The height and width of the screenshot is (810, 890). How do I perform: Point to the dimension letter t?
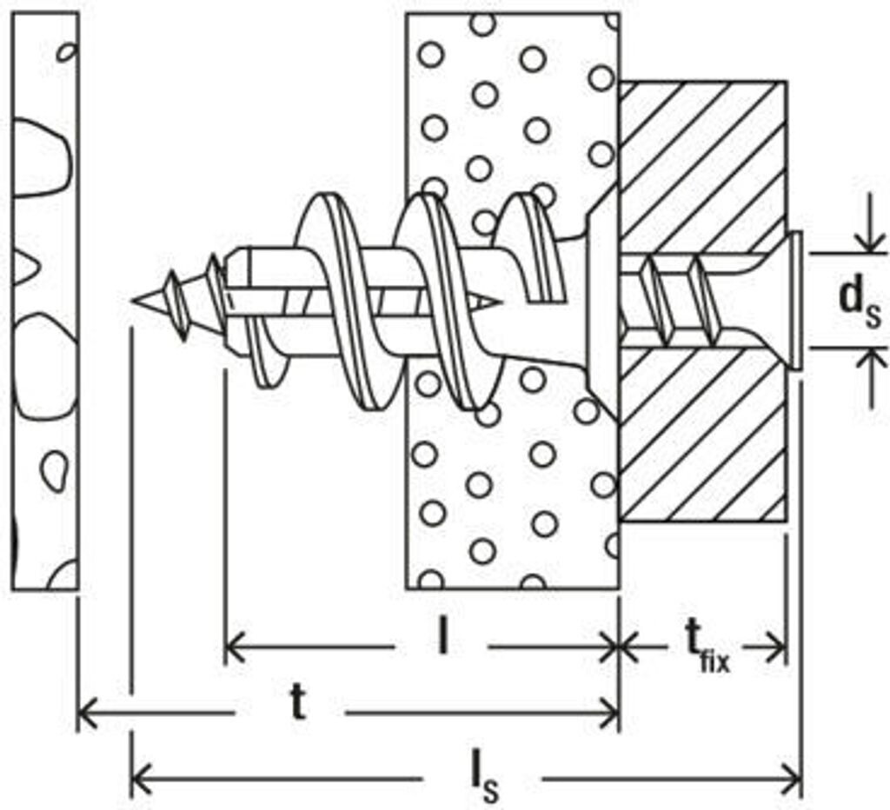point(297,706)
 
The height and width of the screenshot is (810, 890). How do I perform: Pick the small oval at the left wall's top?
point(65,52)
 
